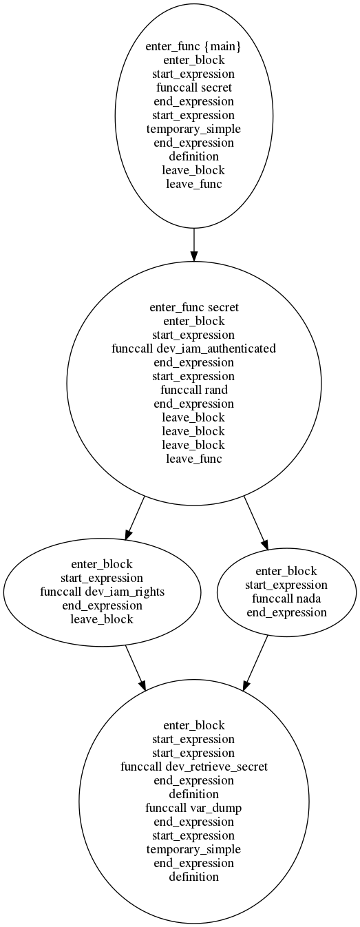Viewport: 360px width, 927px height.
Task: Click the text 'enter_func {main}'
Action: click(x=193, y=46)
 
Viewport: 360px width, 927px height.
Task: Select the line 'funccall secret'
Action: click(x=193, y=87)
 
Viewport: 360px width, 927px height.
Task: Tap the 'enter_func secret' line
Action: click(x=193, y=307)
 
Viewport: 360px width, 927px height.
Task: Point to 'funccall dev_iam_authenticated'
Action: click(x=193, y=349)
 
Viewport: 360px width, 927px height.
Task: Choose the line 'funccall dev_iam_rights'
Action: click(x=102, y=592)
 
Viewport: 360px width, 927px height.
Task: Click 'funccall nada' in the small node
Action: click(x=286, y=598)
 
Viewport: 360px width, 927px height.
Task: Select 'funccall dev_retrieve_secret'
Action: click(x=193, y=767)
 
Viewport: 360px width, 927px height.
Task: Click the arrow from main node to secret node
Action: click(x=193, y=244)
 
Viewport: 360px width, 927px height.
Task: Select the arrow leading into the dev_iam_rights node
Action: click(x=135, y=518)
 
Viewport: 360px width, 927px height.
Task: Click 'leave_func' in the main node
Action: click(x=193, y=184)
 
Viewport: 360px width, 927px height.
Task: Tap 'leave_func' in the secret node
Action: click(x=193, y=459)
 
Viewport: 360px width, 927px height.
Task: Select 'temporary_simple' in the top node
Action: click(x=193, y=129)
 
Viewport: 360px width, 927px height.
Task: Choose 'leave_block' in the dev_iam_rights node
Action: click(x=102, y=620)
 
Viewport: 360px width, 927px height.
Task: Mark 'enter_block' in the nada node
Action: click(x=286, y=571)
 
